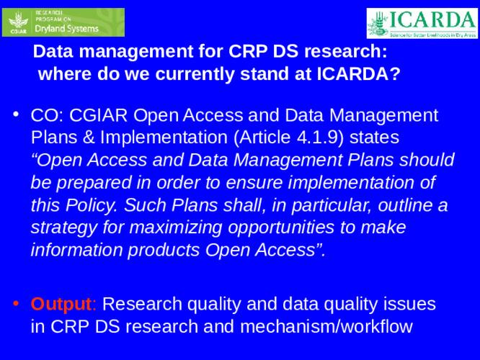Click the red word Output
(61, 303)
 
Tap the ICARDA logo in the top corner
(421, 22)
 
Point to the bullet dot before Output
(16, 303)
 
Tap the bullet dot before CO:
(16, 115)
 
